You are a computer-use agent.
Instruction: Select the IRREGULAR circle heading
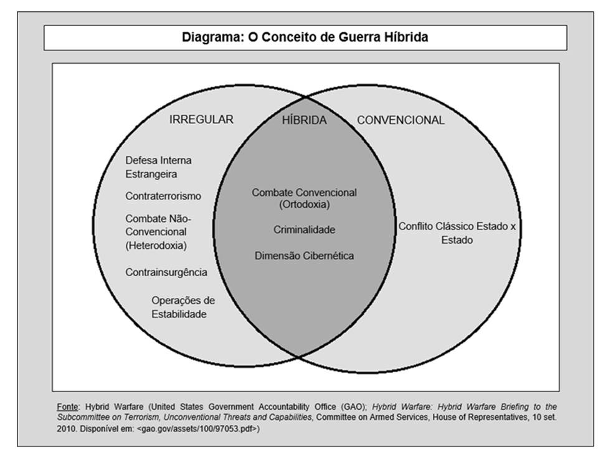(201, 120)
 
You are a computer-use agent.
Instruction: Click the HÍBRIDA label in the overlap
(305, 120)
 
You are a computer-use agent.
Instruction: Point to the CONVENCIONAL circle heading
(401, 120)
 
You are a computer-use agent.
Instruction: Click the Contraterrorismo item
(163, 196)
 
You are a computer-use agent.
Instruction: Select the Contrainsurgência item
(166, 273)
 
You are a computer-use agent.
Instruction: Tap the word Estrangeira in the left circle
(151, 174)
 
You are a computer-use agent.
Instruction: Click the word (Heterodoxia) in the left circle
(156, 246)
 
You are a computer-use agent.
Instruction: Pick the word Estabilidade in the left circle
(179, 314)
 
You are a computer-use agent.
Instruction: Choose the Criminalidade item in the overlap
(305, 229)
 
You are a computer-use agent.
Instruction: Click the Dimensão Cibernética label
(305, 256)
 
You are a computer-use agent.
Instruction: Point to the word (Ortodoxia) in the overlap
(305, 205)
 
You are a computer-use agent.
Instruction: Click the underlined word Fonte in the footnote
(67, 407)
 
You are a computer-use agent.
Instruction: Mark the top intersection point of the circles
(305, 97)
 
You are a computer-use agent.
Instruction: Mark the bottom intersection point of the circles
(299, 357)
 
